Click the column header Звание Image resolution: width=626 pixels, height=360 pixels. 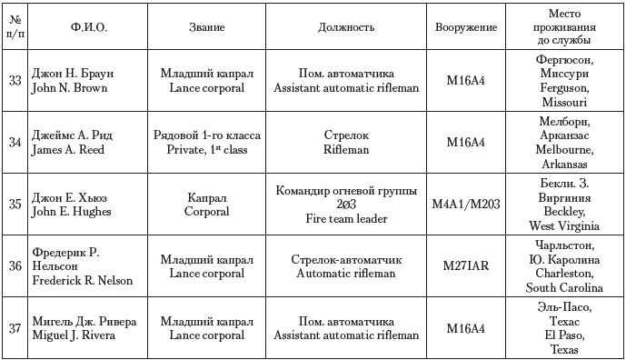tap(214, 28)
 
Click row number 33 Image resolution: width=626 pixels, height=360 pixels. tap(15, 80)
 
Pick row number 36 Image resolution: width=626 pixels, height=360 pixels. tap(15, 265)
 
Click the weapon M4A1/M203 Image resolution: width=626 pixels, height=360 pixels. tap(465, 204)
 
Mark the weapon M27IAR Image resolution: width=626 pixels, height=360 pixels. tap(465, 265)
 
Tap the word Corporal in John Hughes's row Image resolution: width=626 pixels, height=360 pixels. tap(214, 211)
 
